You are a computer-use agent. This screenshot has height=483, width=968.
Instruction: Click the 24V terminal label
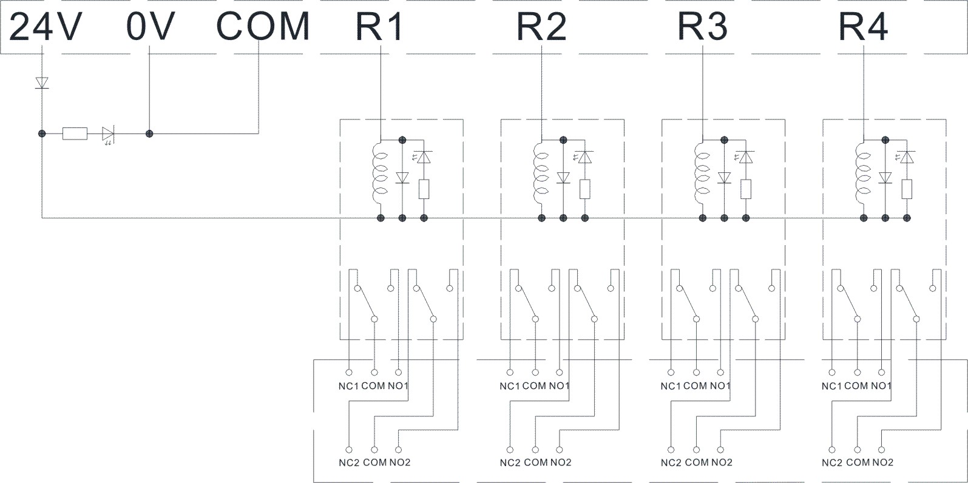(46, 27)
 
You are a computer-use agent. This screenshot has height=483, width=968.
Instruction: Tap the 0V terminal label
(151, 27)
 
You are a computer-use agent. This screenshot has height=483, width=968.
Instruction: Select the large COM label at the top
(263, 27)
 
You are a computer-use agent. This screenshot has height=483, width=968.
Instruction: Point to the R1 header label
(379, 27)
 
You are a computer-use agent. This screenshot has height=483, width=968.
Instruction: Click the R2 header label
(541, 27)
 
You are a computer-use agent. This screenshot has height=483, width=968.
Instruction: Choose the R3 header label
(702, 27)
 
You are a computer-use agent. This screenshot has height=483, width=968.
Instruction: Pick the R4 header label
(862, 27)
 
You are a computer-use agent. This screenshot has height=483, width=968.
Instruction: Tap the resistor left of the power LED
(75, 133)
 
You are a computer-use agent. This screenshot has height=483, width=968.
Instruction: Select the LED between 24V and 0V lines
(109, 133)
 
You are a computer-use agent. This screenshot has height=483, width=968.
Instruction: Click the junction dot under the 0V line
(149, 133)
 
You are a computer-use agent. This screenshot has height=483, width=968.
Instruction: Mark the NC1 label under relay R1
(348, 386)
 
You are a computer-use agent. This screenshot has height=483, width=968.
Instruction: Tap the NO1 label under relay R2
(560, 386)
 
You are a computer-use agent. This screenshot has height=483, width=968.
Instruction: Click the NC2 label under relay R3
(671, 462)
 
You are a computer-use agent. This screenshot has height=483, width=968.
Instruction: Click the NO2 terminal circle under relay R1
(399, 450)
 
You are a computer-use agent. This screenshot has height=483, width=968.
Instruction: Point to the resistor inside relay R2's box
(585, 189)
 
